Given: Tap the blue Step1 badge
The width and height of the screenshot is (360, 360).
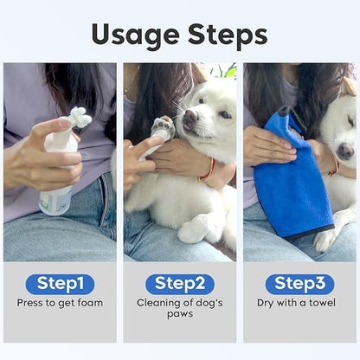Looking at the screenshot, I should [60, 284].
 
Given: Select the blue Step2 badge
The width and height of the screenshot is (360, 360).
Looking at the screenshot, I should [179, 284].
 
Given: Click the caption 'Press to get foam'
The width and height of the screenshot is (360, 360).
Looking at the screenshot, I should [60, 303].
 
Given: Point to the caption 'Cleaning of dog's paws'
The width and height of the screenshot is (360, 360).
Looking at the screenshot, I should [179, 309].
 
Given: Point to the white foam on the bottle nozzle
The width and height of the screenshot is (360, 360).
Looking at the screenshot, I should [80, 117].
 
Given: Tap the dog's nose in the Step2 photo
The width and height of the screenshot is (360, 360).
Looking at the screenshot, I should [189, 124].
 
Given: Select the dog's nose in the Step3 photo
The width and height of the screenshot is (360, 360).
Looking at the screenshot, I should [345, 151].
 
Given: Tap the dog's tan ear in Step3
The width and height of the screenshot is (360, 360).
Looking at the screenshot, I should [349, 87].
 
